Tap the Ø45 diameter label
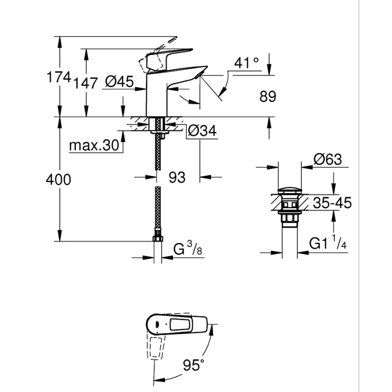(119, 82)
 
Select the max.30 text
(95, 146)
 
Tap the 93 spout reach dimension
(177, 177)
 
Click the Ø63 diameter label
(327, 160)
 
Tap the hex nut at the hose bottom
(157, 239)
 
